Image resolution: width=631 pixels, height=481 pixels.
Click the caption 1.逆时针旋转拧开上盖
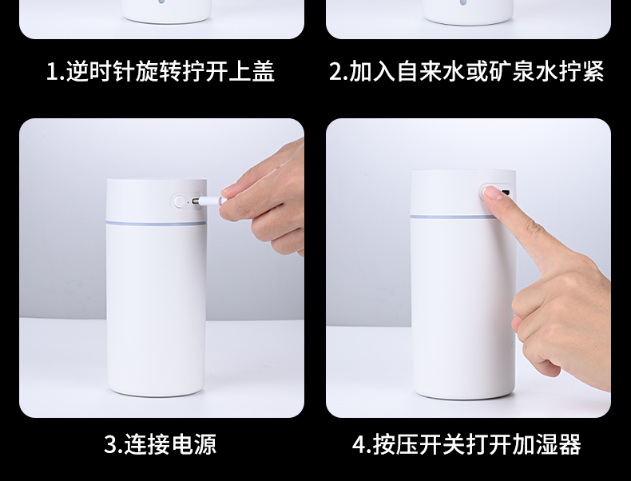pos(161,71)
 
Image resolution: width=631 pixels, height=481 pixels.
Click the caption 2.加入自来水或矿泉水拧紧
pos(466,71)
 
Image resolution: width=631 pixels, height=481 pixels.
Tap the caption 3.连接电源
pos(161,444)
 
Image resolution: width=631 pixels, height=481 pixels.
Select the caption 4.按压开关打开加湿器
pos(466,444)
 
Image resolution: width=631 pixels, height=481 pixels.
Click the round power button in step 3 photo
pos(180,201)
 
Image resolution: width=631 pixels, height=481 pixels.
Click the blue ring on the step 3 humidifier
pos(156,222)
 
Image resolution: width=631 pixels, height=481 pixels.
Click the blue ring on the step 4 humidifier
pos(452,217)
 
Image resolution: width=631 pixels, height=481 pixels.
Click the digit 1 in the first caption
pos(53,72)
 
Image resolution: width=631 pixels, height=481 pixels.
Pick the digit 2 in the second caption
pos(336,72)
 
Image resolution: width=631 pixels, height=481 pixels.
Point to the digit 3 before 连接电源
pos(110,444)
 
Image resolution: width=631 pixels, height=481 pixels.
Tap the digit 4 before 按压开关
pos(359,444)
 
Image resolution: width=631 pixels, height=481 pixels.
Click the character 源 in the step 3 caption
pos(205,444)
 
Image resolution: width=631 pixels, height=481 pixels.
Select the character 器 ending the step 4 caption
pos(569,444)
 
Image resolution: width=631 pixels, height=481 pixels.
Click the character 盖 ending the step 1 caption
pos(264,71)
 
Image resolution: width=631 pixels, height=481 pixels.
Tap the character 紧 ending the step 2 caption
pos(593,71)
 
